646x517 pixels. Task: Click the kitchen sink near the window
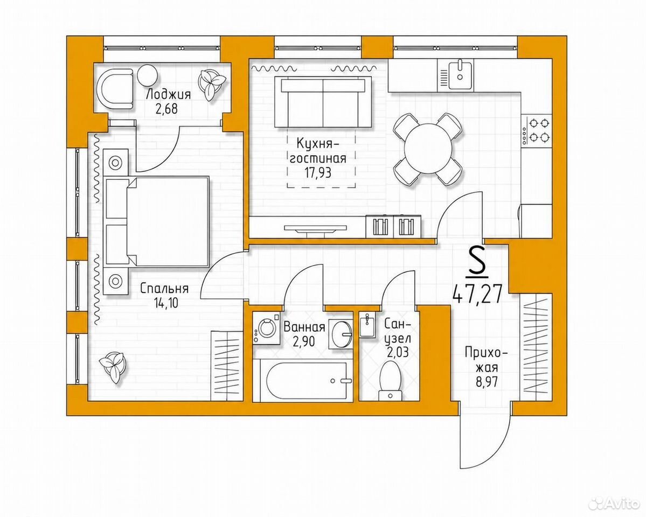pos(460,74)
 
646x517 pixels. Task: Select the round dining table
pos(427,149)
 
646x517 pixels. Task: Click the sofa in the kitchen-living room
pos(323,102)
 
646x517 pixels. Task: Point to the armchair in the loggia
pos(115,88)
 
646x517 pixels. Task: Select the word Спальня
pos(164,288)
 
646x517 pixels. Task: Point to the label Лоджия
pos(169,95)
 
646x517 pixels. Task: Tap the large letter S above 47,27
pos(477,262)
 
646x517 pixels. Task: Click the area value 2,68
pos(169,110)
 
